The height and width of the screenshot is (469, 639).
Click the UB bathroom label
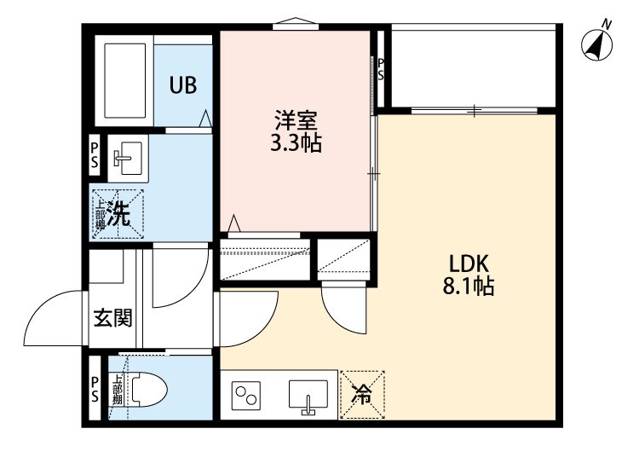183,85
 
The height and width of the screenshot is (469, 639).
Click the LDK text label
468,263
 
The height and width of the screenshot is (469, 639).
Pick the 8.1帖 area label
468,287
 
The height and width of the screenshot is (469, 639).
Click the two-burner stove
248,396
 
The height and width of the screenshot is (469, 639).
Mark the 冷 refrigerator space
362,394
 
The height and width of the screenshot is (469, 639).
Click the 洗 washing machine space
118,213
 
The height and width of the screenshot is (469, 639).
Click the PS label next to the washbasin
95,156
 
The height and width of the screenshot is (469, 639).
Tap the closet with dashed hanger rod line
263,259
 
